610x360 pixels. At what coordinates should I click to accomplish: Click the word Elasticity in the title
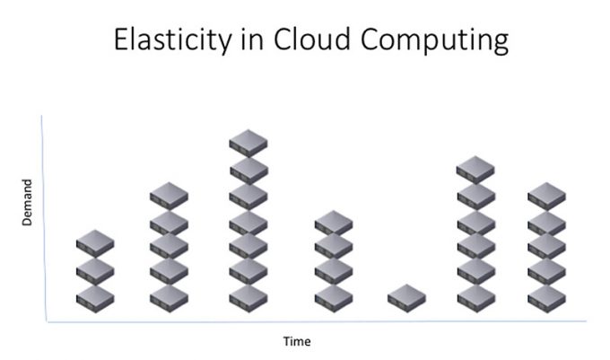pyautogui.click(x=173, y=40)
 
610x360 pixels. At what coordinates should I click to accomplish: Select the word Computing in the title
pyautogui.click(x=434, y=40)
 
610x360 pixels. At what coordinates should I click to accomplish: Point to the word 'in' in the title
pyautogui.click(x=252, y=40)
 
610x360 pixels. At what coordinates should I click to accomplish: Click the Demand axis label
pyautogui.click(x=27, y=202)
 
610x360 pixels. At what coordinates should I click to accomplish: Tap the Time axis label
pyautogui.click(x=297, y=341)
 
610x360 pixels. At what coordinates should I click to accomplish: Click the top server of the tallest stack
pyautogui.click(x=248, y=144)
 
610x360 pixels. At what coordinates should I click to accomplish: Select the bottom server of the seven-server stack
pyautogui.click(x=248, y=299)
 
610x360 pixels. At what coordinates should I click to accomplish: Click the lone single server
pyautogui.click(x=406, y=298)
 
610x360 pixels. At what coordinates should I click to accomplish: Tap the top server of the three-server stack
pyautogui.click(x=95, y=243)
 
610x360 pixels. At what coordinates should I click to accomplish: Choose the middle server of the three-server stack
pyautogui.click(x=95, y=271)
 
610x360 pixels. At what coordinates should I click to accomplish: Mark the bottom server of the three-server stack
pyautogui.click(x=95, y=299)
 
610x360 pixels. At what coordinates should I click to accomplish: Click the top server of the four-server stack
pyautogui.click(x=334, y=224)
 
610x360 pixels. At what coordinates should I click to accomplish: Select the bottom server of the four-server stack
pyautogui.click(x=334, y=299)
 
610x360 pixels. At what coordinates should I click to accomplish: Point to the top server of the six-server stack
pyautogui.click(x=475, y=170)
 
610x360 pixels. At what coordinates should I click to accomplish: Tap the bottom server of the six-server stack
pyautogui.click(x=476, y=299)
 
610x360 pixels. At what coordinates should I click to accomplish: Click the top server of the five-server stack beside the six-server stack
pyautogui.click(x=546, y=197)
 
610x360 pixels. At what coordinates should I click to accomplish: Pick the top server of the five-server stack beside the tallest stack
pyautogui.click(x=169, y=196)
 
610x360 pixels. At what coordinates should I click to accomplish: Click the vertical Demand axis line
pyautogui.click(x=44, y=219)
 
